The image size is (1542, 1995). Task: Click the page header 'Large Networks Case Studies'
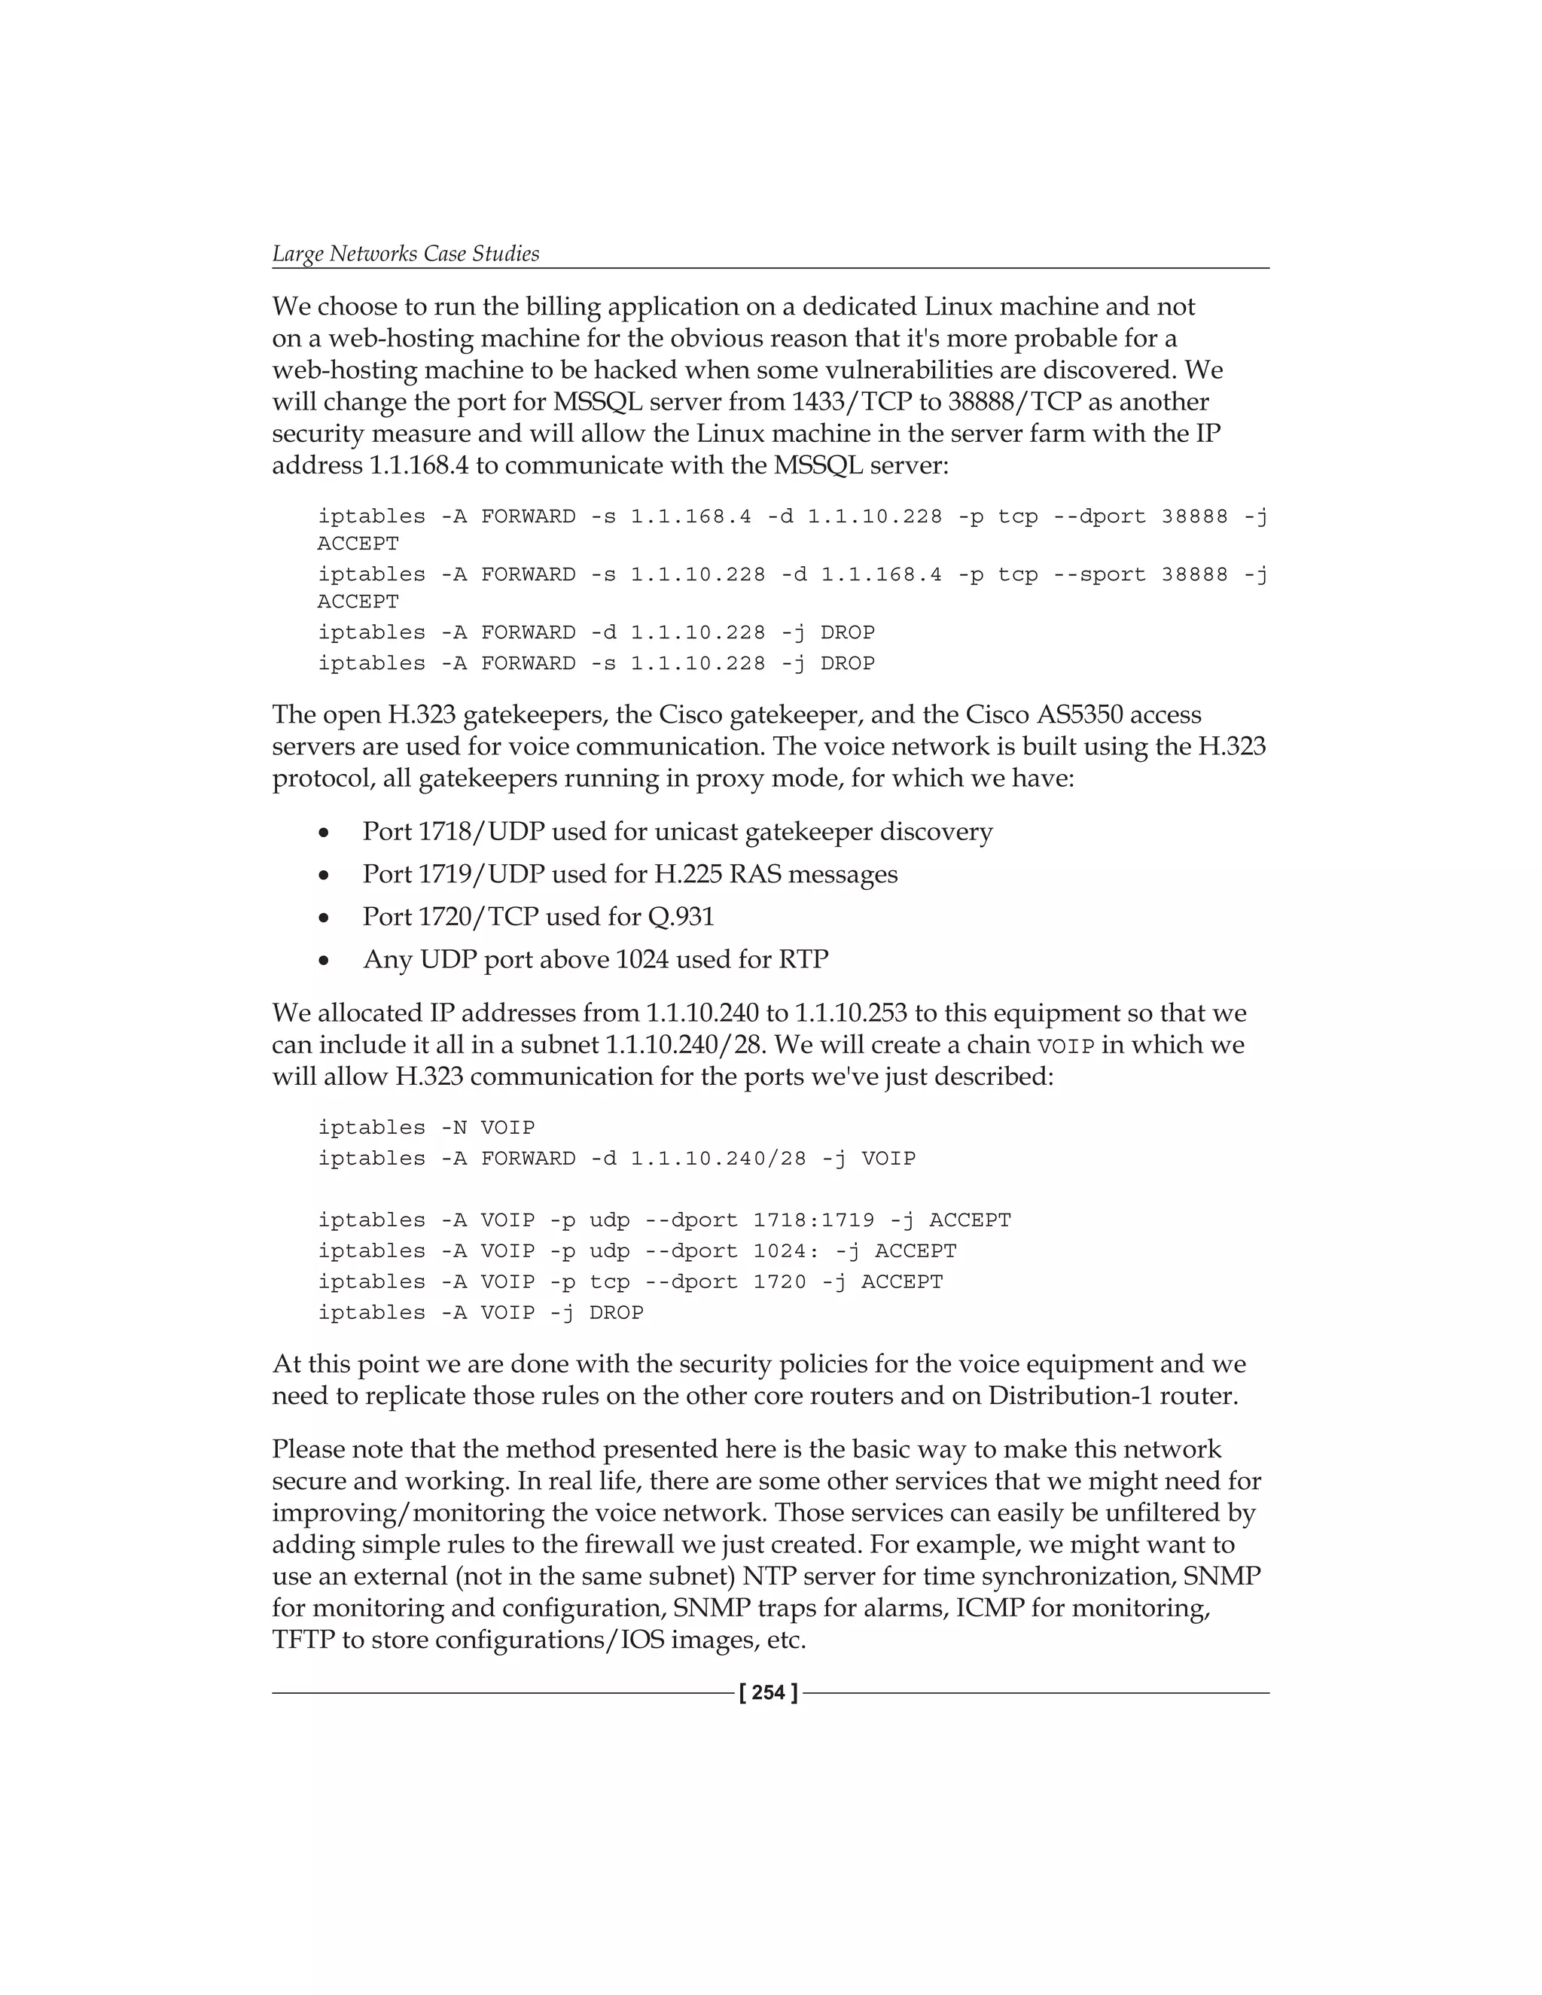pyautogui.click(x=406, y=254)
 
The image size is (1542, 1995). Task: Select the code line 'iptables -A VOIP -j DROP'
pyautogui.click(x=480, y=1313)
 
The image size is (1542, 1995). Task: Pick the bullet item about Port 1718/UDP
pyautogui.click(x=677, y=832)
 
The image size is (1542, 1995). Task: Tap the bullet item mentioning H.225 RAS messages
pyautogui.click(x=629, y=874)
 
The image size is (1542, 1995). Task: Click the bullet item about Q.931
pyautogui.click(x=538, y=916)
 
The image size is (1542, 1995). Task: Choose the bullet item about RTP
pyautogui.click(x=596, y=959)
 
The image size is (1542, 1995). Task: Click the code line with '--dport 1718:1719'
pyautogui.click(x=664, y=1220)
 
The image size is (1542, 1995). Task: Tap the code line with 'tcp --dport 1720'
pyautogui.click(x=630, y=1281)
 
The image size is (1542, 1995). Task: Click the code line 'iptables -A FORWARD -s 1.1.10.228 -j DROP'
pyautogui.click(x=596, y=663)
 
